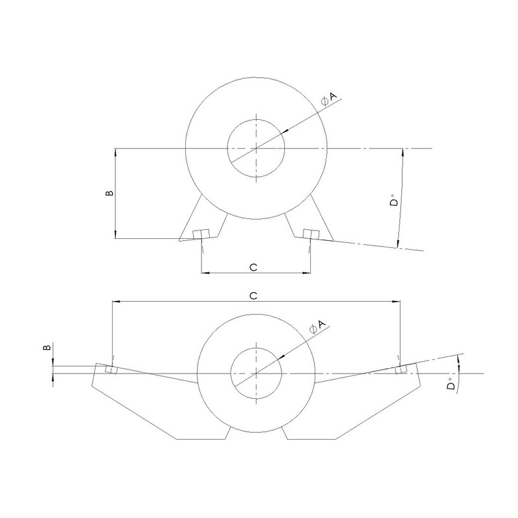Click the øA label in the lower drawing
pos(317,326)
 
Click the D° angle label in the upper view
pos(393,204)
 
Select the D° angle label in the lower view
pos(449,387)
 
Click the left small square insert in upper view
pos(199,234)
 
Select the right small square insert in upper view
pos(309,234)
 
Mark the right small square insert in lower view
pos(401,369)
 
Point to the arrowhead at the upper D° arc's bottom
pos(396,244)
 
